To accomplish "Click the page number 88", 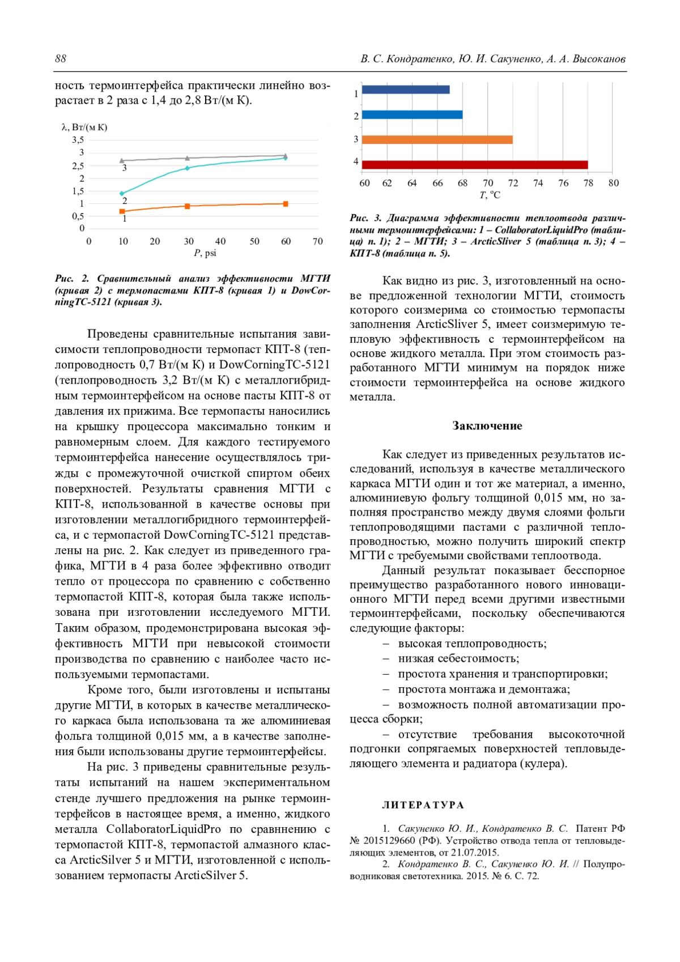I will (x=61, y=59).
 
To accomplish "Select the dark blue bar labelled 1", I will (x=405, y=90).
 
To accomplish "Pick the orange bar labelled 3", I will (x=437, y=139).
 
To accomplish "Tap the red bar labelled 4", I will (x=474, y=165).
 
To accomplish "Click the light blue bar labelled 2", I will (x=412, y=115).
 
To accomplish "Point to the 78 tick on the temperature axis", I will (x=588, y=183).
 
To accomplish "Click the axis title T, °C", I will (x=490, y=195).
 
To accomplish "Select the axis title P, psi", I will (x=205, y=253).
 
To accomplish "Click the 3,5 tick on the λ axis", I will (x=78, y=140).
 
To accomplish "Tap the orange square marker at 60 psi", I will (x=286, y=204).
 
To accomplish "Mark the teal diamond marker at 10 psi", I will (x=122, y=194).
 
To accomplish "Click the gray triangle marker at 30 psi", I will (x=188, y=158).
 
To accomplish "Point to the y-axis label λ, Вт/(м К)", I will (x=84, y=127).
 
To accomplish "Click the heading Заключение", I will (x=487, y=426).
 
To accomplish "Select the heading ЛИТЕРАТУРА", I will (x=423, y=805).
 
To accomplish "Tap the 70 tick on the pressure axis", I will (x=318, y=241).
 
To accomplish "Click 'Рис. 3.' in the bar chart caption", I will (x=366, y=218).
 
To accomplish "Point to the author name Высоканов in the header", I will (x=600, y=59).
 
